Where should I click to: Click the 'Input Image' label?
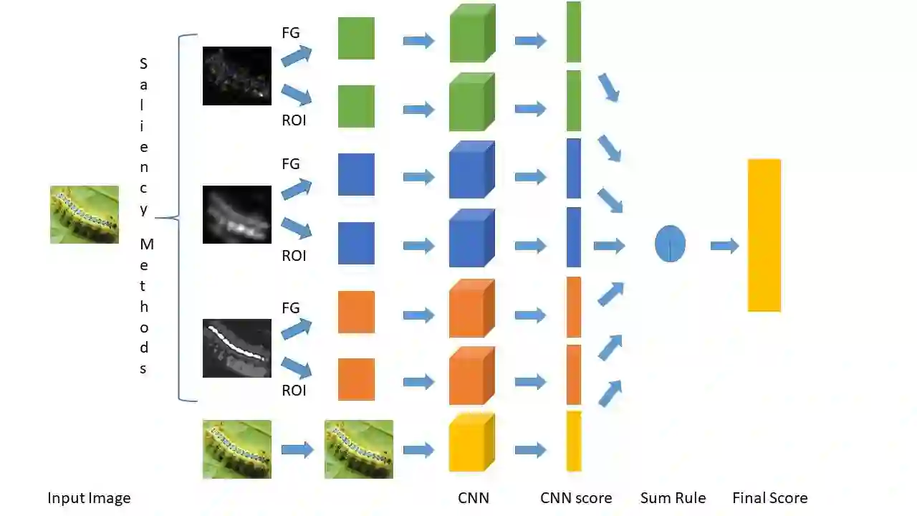(x=89, y=498)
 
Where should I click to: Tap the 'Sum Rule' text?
(x=673, y=498)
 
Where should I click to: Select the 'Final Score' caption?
(x=769, y=498)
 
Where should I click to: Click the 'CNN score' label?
(x=576, y=498)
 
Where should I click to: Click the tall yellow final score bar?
(x=764, y=235)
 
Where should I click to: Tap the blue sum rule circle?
(x=670, y=244)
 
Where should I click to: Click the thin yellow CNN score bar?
(x=574, y=441)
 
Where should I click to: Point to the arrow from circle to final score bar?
(x=724, y=246)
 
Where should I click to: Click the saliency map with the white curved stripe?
(x=237, y=348)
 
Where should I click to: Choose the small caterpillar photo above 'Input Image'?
(x=85, y=214)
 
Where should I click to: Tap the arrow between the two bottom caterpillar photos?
(x=297, y=449)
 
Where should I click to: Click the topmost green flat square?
(x=356, y=38)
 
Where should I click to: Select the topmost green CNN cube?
(x=471, y=34)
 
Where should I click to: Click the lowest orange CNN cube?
(x=471, y=377)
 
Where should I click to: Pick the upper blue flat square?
(x=356, y=174)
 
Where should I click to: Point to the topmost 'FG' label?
(x=291, y=33)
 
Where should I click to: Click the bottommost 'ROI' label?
(x=294, y=391)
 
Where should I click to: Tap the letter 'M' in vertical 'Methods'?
(x=146, y=244)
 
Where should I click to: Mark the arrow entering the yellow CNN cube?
(x=418, y=449)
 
